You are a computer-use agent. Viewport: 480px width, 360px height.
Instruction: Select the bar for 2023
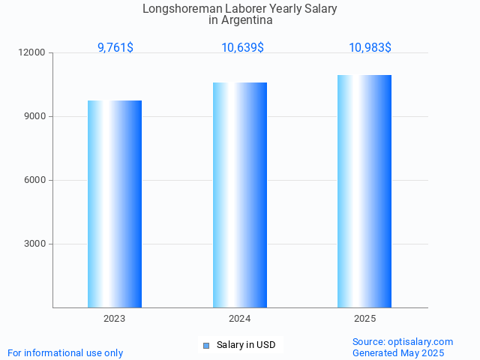[x=115, y=204]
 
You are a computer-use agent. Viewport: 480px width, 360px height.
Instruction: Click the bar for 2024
[x=240, y=195]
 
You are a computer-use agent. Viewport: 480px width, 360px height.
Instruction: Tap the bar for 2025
[x=364, y=191]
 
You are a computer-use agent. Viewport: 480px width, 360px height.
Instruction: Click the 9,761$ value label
[x=115, y=48]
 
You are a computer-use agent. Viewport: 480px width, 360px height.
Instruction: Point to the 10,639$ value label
[x=242, y=48]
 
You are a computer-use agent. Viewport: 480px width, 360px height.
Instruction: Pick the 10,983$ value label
[x=370, y=48]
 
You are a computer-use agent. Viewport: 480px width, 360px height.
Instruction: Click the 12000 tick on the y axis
[x=33, y=53]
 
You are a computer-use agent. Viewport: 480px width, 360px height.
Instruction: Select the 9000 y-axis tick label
[x=35, y=117]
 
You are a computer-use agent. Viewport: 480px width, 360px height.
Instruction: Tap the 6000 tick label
[x=35, y=181]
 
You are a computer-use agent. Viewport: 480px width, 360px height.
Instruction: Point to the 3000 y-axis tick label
[x=35, y=244]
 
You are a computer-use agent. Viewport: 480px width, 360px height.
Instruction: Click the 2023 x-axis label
[x=115, y=319]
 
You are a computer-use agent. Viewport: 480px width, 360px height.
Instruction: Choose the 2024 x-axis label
[x=240, y=319]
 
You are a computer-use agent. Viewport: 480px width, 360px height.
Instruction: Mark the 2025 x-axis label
[x=364, y=319]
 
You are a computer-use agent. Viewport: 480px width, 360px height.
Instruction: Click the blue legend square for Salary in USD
[x=206, y=345]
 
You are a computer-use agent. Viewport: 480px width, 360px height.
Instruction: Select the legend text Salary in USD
[x=246, y=345]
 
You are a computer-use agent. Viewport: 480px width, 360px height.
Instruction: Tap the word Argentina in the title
[x=247, y=20]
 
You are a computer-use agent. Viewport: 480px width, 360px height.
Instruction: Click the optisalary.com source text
[x=403, y=341]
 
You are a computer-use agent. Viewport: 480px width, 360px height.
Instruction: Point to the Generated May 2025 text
[x=398, y=352]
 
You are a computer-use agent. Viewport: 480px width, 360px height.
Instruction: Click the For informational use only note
[x=65, y=352]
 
